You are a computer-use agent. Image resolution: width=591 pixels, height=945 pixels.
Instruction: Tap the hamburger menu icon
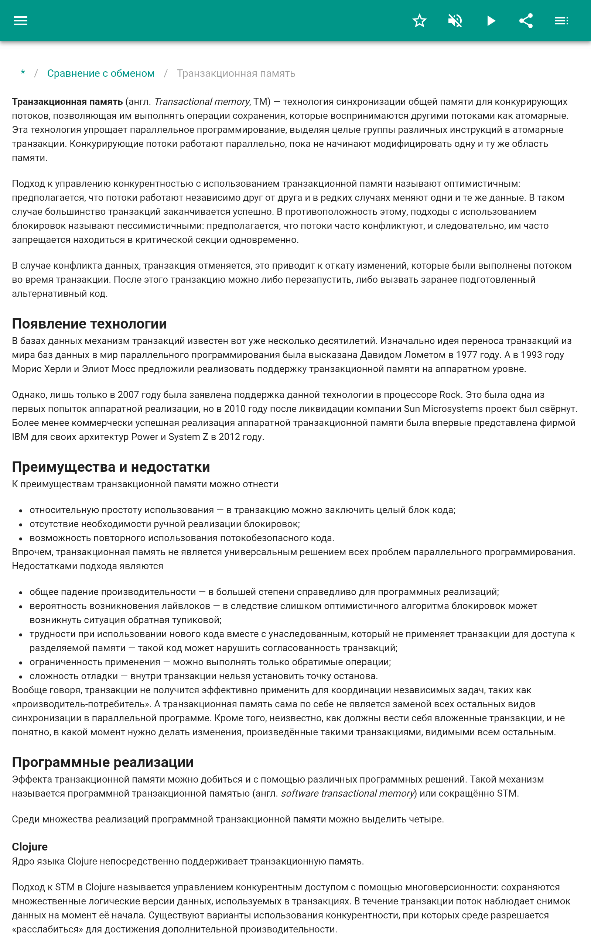coord(21,21)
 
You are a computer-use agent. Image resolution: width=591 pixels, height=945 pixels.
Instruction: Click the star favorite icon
coord(419,21)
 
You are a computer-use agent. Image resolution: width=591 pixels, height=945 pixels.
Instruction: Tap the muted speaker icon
coord(455,21)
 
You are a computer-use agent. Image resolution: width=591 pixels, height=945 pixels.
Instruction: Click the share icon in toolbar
coord(526,21)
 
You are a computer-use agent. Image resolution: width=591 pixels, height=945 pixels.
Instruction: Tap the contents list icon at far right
coord(561,21)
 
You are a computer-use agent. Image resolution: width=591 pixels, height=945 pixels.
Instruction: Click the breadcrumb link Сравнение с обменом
coord(101,73)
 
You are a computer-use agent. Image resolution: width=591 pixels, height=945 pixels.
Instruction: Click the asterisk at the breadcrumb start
coord(23,73)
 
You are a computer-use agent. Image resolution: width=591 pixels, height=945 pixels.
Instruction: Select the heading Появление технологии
coord(89,324)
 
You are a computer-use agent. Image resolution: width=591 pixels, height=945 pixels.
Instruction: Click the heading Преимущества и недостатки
coord(111,467)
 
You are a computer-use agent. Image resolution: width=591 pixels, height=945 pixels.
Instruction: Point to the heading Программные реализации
coord(103,762)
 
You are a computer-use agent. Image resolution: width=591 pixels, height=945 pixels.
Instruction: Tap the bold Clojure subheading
coord(30,846)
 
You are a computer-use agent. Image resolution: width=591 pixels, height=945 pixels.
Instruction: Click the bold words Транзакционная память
coord(67,102)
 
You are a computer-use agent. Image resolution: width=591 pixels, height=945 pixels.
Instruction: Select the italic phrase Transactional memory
coord(202,102)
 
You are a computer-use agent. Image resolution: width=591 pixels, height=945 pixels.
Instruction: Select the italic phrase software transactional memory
coord(347,794)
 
